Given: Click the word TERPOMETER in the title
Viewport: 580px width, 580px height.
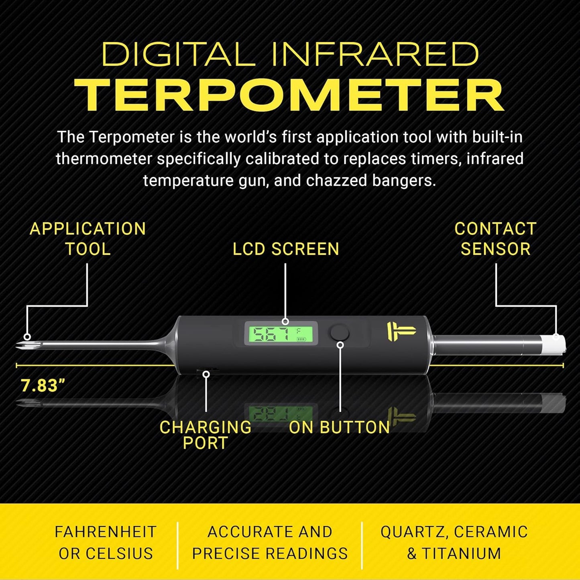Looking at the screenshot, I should click(289, 95).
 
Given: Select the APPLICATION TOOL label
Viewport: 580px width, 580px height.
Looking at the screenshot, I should click(88, 239).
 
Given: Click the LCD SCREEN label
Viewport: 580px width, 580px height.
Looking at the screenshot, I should click(286, 249).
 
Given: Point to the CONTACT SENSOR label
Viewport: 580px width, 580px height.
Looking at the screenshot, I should click(495, 239).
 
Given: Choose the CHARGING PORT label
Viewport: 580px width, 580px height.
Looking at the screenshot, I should click(206, 435).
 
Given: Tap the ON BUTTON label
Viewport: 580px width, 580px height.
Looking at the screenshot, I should click(339, 427).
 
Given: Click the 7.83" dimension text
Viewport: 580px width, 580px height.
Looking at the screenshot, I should click(43, 386).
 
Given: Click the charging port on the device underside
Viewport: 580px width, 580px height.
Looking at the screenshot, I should click(206, 370).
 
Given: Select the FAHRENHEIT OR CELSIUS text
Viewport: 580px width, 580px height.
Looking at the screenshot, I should click(106, 543).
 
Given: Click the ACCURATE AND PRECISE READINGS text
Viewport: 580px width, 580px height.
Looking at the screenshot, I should click(270, 543).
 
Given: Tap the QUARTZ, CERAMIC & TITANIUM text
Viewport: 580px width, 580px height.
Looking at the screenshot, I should click(454, 543).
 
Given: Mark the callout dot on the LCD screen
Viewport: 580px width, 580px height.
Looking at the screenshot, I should click(285, 322).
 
